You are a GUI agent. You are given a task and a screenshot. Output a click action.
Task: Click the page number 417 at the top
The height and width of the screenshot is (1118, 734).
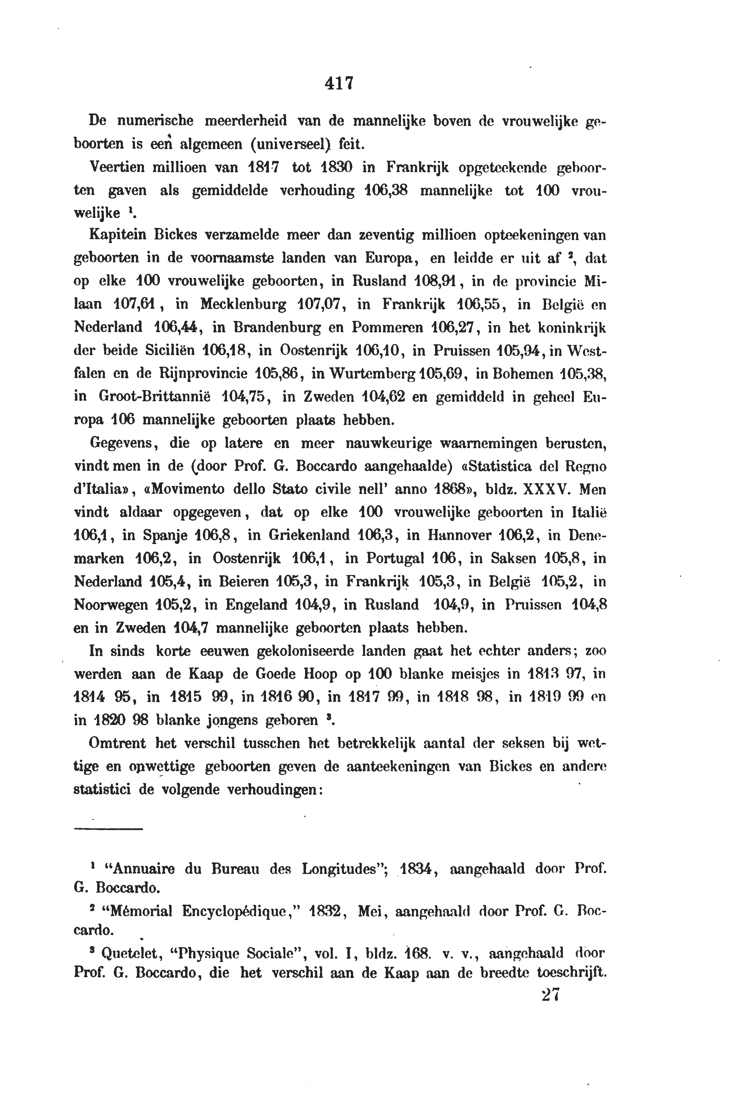pyautogui.click(x=338, y=84)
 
